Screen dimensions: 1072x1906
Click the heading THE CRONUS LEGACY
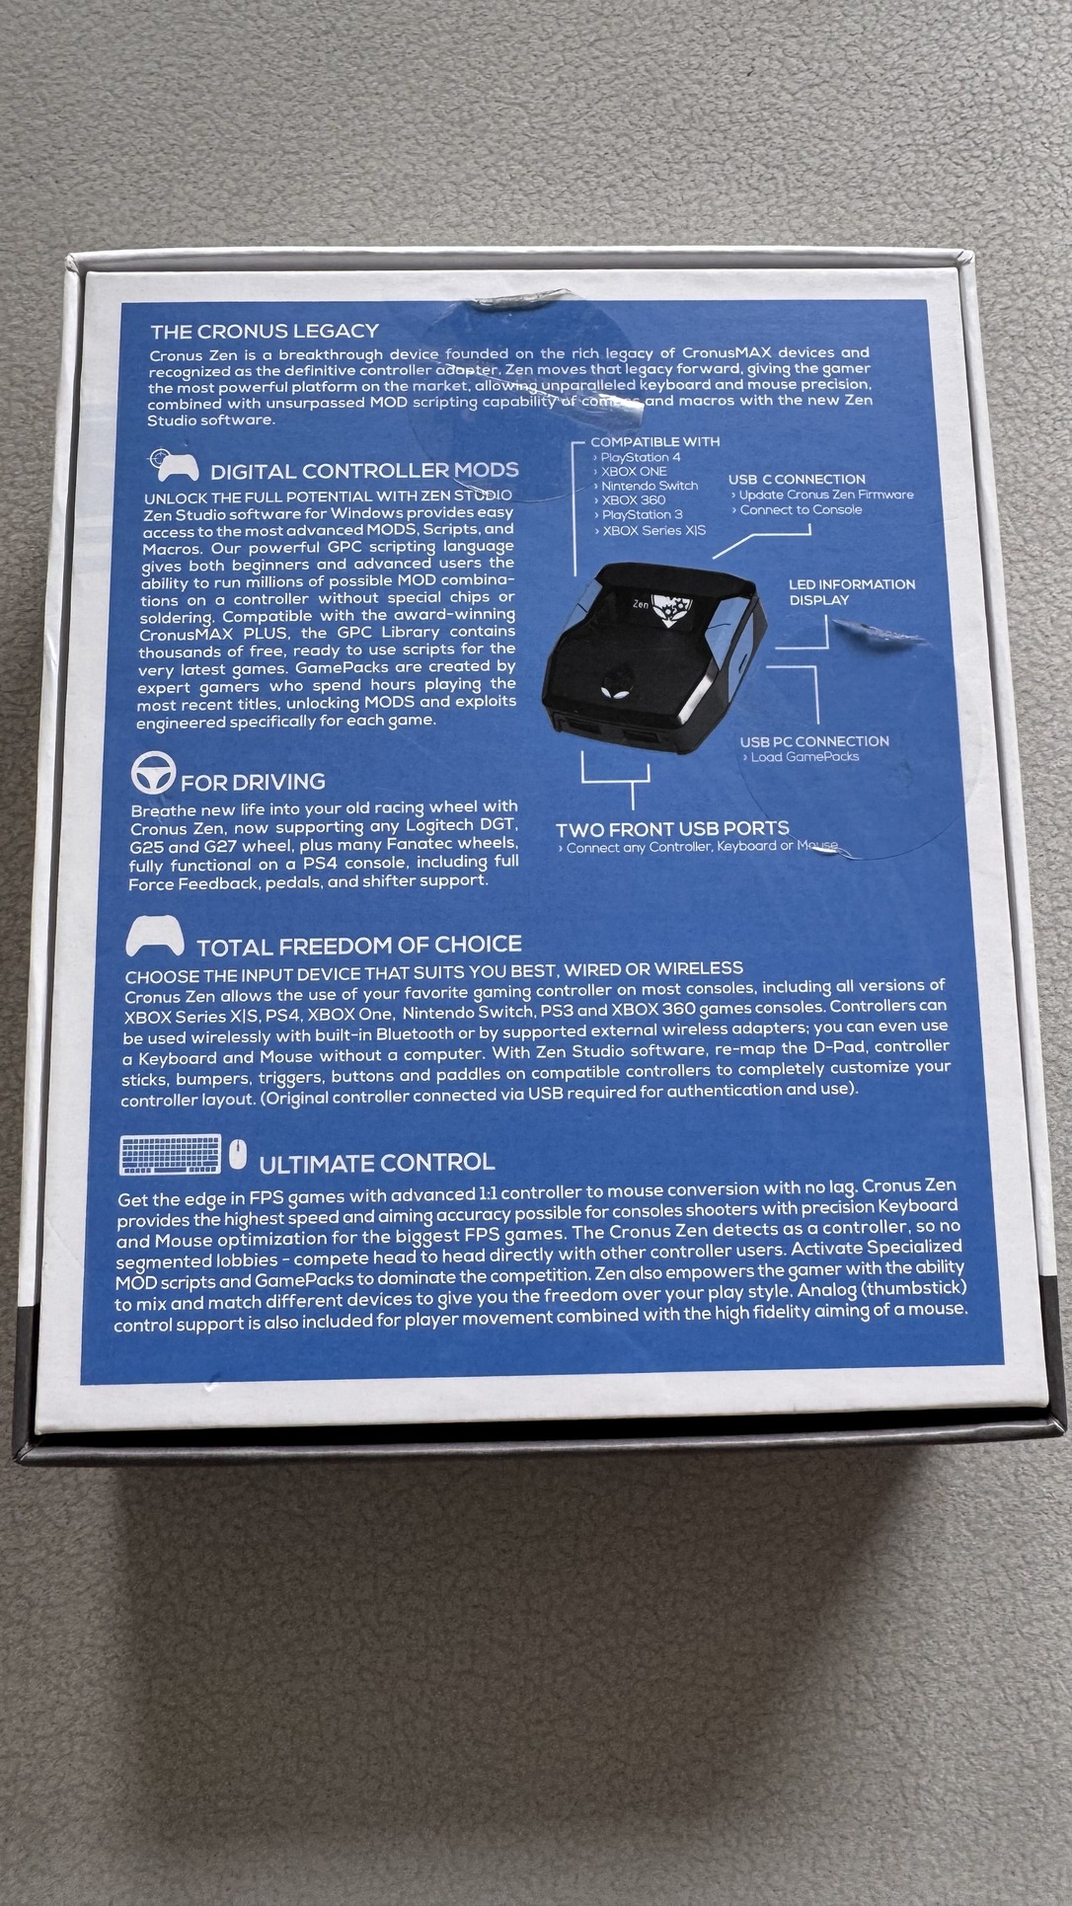coord(265,331)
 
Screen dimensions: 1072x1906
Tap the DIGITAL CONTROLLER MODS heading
coord(364,471)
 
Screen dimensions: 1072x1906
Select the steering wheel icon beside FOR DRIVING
coord(153,772)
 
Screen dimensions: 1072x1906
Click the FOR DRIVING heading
coord(253,782)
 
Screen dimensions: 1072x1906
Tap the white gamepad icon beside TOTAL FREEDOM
coord(155,936)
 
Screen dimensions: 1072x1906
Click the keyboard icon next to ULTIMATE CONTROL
coord(170,1155)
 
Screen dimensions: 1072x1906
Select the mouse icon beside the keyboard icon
coord(238,1154)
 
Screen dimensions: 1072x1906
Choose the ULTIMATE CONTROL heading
coord(377,1163)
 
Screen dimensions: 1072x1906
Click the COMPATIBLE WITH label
coord(655,441)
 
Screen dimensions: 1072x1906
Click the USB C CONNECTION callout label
coord(797,479)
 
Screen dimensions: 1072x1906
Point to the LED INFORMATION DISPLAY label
coord(852,592)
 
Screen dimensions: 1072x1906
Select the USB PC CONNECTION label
coord(814,741)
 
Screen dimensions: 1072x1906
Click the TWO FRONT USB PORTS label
coord(672,829)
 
